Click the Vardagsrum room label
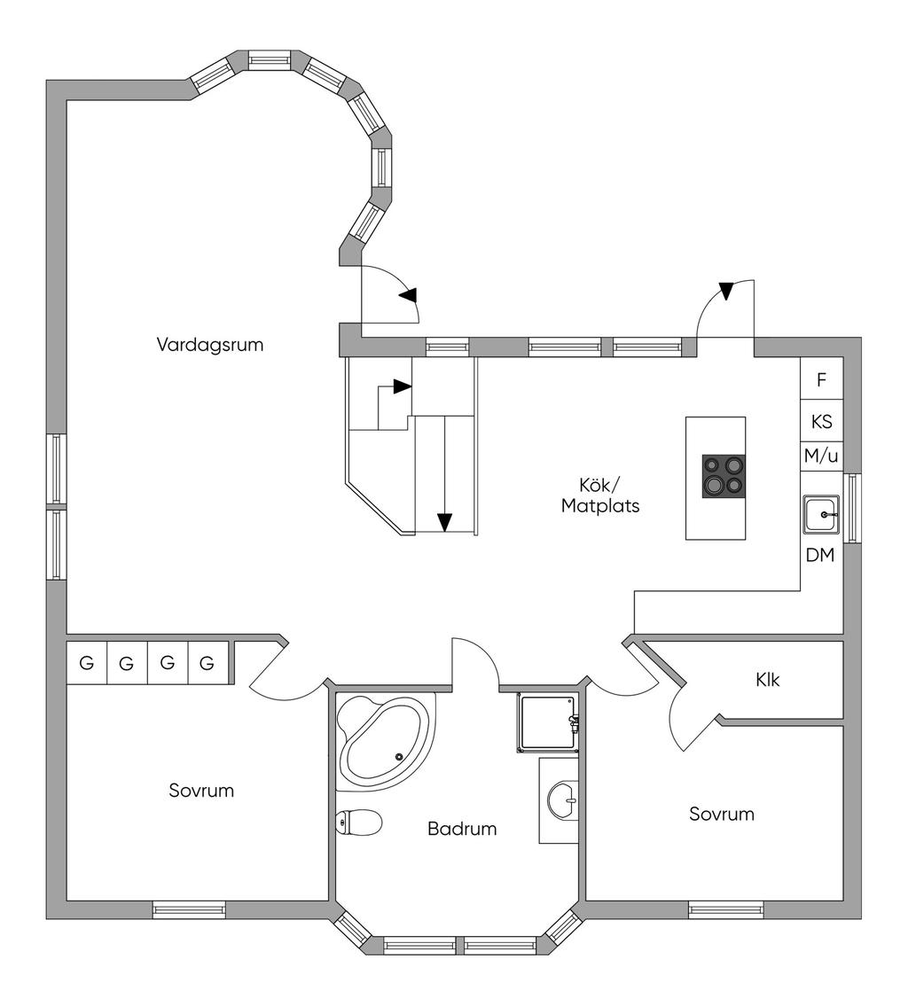[210, 345]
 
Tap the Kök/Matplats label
[600, 495]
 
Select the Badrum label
[462, 828]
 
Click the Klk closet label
[768, 680]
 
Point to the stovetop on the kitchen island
[724, 476]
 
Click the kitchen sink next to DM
[821, 515]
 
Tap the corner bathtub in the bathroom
[384, 742]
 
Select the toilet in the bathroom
[359, 823]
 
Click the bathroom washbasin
[563, 800]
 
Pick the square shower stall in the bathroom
[547, 723]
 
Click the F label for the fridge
[821, 380]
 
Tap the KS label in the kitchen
[821, 422]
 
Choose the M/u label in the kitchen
[821, 456]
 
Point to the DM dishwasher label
[820, 556]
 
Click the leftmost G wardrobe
[87, 663]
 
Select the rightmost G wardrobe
[207, 663]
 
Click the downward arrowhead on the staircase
[444, 523]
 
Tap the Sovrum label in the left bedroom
[201, 791]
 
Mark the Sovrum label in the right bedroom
[721, 815]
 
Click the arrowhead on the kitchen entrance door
[725, 291]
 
